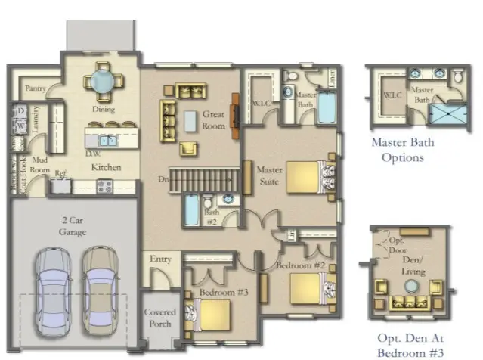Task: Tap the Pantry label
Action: click(36, 88)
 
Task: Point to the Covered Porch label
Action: click(159, 318)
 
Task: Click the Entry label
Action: click(160, 259)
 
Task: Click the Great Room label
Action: click(214, 120)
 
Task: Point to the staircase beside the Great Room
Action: click(208, 180)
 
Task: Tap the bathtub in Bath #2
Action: click(192, 211)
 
